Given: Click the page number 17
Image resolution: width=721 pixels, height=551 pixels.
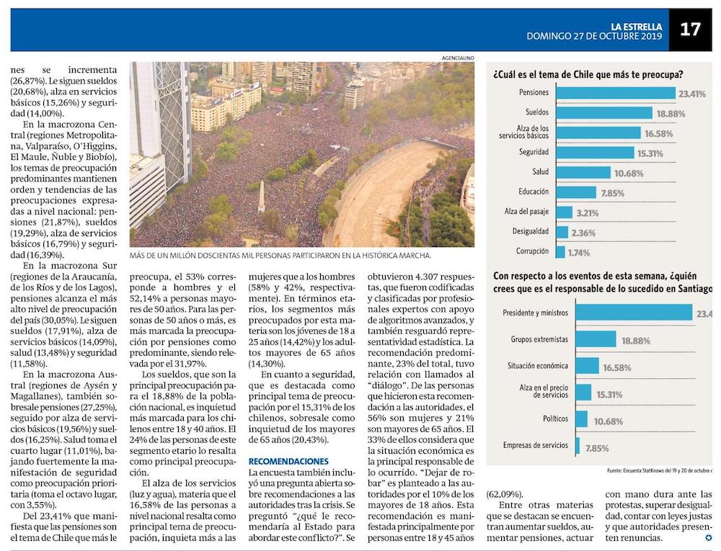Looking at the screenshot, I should coord(690,30).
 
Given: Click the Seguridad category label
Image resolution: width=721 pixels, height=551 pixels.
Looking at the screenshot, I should coord(534,153).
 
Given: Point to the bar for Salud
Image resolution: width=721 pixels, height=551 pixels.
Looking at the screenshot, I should coord(584,173).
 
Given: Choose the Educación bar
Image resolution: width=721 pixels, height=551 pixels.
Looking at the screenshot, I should coord(576,192).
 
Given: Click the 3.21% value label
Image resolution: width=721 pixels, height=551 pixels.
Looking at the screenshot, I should coord(588,212).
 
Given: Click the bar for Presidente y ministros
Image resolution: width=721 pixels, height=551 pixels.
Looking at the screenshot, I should coord(635,313).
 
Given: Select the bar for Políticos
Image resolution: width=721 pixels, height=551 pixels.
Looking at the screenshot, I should coord(581,419).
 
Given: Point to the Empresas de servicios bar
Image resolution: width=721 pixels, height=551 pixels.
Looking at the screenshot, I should coord(578,447).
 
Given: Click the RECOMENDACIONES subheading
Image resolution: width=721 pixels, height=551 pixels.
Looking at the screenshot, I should coord(288,461).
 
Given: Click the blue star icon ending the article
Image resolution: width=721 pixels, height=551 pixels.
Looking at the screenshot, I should coord(708,538).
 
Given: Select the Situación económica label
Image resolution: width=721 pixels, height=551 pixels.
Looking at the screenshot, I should coord(537,366).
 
